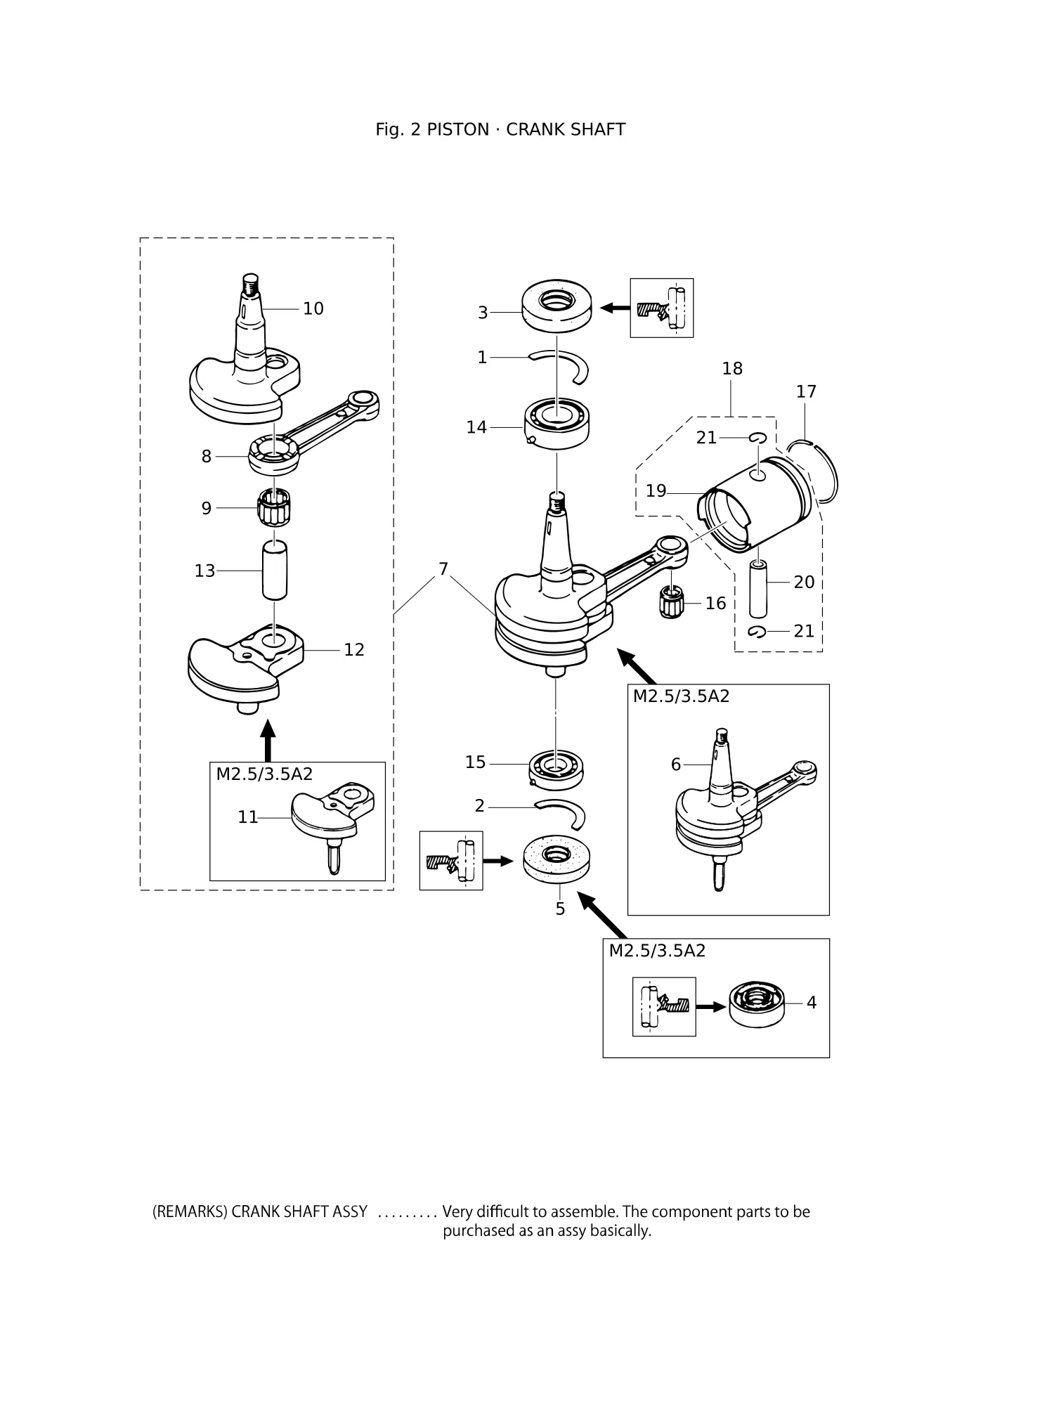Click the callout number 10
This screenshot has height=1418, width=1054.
(x=313, y=308)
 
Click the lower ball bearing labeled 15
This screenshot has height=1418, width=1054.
(x=557, y=767)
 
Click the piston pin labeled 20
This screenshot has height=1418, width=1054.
(x=757, y=587)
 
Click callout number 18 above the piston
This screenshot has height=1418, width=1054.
(x=732, y=368)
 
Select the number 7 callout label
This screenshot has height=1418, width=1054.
(x=443, y=568)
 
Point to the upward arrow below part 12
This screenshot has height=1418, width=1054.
(x=267, y=739)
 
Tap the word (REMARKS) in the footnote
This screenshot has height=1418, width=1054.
(x=190, y=1212)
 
